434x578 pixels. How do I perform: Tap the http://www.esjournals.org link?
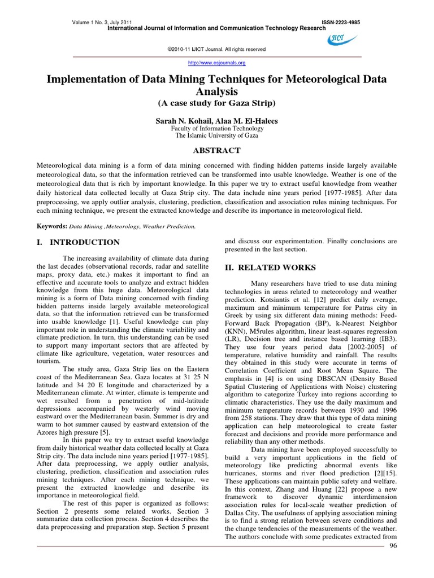[216, 63]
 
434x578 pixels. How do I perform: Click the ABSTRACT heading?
[217, 150]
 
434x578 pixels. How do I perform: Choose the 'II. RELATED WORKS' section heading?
[263, 267]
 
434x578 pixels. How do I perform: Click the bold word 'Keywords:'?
[51, 226]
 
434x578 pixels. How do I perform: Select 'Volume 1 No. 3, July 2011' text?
[104, 22]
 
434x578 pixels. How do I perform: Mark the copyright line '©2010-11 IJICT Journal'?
[216, 49]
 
